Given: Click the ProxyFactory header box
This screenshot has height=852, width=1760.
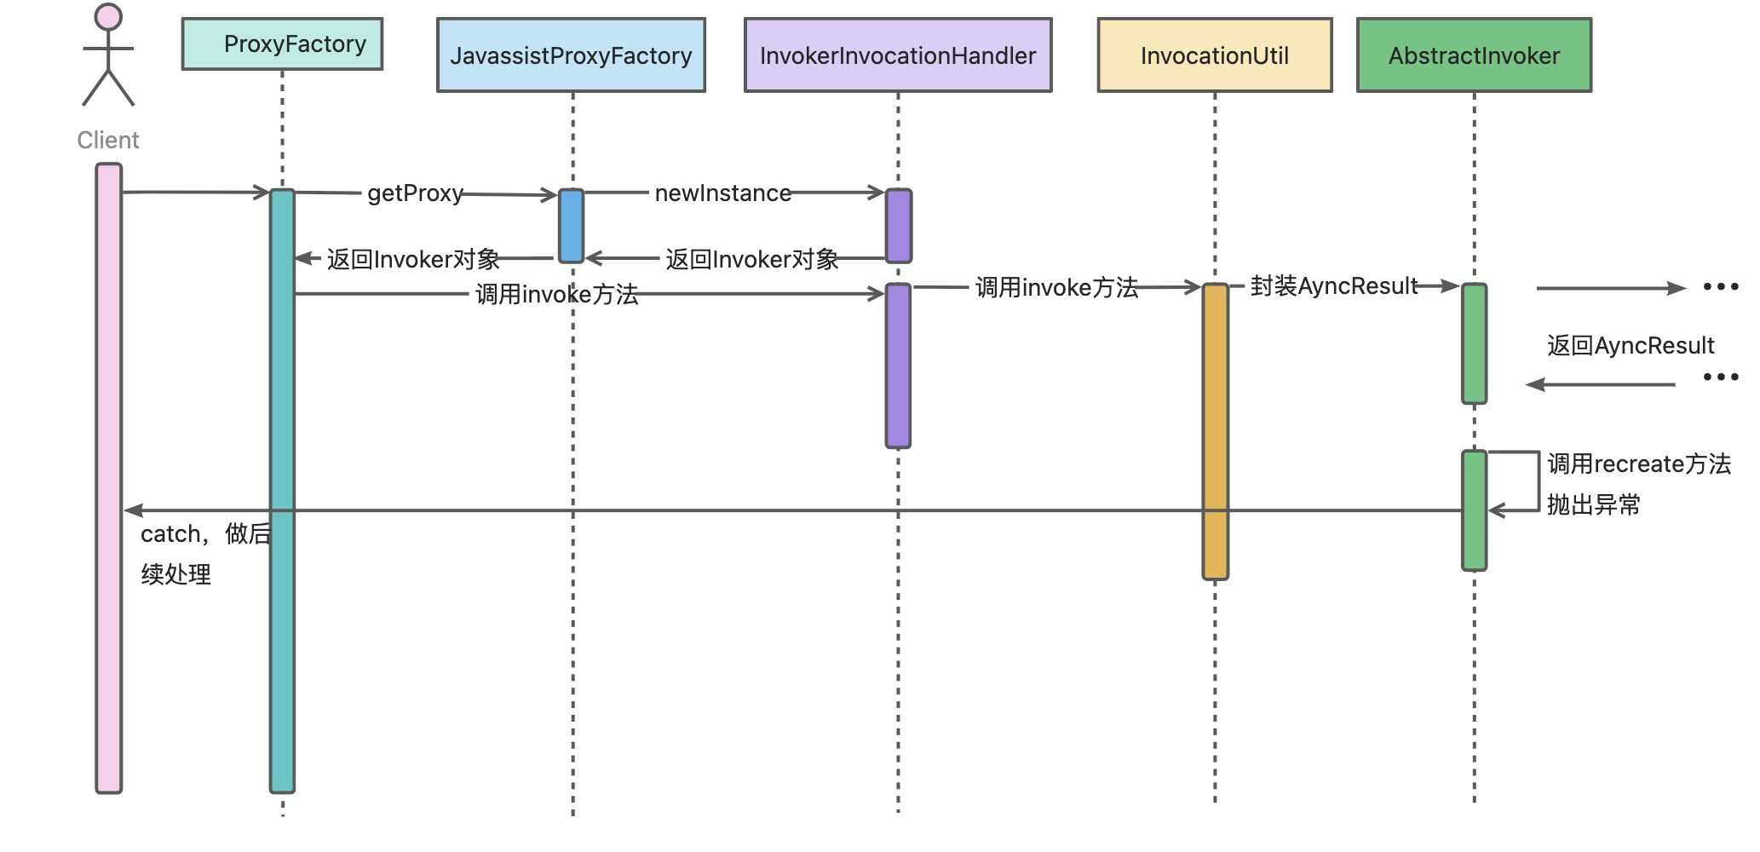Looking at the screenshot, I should coord(282,44).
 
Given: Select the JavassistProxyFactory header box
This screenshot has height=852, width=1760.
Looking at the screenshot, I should coord(571,55).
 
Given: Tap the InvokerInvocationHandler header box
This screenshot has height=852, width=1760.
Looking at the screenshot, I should coord(898,55).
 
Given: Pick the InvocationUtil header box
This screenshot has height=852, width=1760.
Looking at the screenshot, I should coord(1214,55).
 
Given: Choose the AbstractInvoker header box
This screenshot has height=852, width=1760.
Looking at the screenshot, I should coord(1474,55).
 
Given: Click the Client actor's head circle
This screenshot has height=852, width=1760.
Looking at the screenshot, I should coord(108,16).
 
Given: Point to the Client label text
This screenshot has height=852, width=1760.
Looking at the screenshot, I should coord(108,141).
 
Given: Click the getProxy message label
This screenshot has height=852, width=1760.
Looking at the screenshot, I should coord(415,193).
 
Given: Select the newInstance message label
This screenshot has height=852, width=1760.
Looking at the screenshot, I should coord(722,193).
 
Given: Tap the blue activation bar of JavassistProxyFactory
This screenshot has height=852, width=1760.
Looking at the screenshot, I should coord(571,226).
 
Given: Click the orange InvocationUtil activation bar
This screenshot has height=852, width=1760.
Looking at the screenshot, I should coord(1215,430).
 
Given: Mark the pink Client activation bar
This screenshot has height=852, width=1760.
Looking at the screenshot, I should coord(109,477).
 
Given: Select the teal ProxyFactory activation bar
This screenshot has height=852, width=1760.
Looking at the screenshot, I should coord(282,490).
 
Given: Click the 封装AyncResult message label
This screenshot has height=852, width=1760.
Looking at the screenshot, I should coord(1333,286).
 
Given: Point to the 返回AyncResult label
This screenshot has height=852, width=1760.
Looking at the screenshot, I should coord(1630,346).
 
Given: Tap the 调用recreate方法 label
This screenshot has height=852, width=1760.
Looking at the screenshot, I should coord(1638,464).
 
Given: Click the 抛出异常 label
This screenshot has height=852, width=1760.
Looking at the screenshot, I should coord(1593,505).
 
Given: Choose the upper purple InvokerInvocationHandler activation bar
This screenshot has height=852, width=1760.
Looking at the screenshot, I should coord(898,226).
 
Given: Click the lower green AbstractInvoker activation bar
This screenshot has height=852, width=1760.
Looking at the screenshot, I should coord(1474,509).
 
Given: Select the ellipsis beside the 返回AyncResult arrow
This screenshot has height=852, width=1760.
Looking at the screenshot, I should coord(1720,377).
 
